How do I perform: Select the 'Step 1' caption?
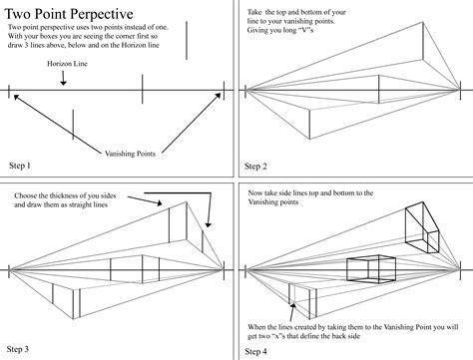pos(19,165)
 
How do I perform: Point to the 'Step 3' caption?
pos(19,349)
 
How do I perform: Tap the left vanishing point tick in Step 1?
pos(10,95)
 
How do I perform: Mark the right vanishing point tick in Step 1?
pos(224,95)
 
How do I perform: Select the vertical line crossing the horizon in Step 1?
pos(144,95)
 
